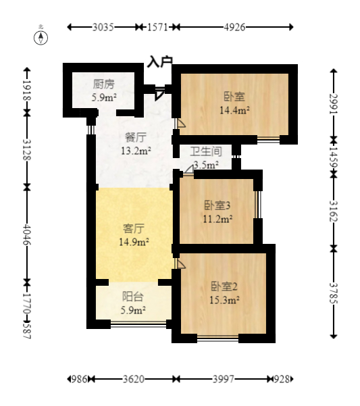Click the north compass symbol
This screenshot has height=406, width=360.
click(41, 38)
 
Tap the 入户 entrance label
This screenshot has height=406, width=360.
click(159, 62)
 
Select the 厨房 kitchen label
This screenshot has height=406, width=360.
click(104, 84)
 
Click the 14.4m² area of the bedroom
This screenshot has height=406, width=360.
click(234, 111)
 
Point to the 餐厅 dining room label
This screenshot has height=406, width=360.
click(136, 137)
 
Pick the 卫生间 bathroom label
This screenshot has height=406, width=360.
click(206, 151)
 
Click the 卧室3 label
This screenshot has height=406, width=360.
click(217, 205)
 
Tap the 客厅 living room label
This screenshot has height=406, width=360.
click(134, 228)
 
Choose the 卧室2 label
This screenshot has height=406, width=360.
click(224, 286)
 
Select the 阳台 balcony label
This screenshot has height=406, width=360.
click(132, 297)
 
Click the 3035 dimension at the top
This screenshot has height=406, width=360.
click(103, 27)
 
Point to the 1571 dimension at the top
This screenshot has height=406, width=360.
click(157, 27)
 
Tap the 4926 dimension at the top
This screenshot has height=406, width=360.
click(234, 27)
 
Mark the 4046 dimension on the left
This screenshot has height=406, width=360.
click(27, 234)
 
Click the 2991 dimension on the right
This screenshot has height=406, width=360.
click(334, 103)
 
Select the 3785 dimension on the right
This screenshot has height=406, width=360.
click(334, 293)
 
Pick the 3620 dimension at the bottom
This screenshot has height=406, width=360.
click(133, 380)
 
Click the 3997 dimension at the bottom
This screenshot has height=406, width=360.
click(224, 380)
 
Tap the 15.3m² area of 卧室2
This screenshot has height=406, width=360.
click(224, 301)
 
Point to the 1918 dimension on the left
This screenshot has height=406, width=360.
click(27, 91)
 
